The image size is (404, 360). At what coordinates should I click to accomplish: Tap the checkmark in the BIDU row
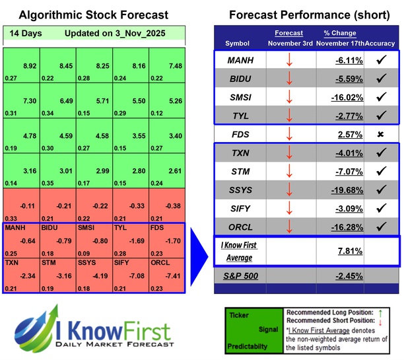coord(382,78)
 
